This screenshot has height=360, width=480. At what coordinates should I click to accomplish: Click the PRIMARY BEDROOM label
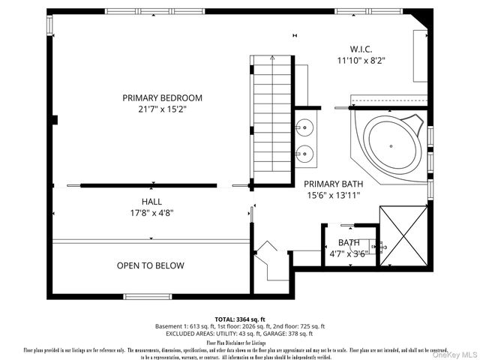point(163,97)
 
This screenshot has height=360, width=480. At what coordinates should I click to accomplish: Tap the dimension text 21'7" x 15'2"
point(163,109)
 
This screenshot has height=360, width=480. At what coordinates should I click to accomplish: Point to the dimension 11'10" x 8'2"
point(361,60)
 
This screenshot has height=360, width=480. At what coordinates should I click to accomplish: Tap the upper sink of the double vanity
point(305,127)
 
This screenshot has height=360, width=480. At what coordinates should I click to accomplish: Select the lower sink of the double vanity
point(305,154)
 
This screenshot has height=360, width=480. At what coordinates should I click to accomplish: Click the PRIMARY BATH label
point(334,184)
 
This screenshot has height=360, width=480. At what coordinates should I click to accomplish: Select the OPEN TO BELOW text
point(150,265)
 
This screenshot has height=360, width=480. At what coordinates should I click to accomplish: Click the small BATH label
point(349,242)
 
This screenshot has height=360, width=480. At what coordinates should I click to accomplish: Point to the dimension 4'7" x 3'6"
point(349,253)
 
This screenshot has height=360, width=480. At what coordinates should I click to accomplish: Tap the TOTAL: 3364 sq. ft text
point(240,319)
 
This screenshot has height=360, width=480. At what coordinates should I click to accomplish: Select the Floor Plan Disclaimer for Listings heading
point(240,343)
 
